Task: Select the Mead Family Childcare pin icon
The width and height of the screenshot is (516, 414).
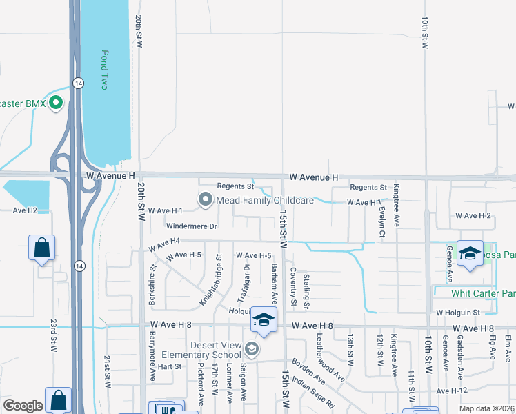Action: [206, 200]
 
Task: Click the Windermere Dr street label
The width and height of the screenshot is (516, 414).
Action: [192, 226]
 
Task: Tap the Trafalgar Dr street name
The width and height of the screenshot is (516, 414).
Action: [243, 284]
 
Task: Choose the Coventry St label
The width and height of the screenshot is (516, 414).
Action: [292, 287]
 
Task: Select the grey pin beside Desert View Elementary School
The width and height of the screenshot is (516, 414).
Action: [251, 350]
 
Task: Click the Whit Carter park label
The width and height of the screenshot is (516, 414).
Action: [483, 294]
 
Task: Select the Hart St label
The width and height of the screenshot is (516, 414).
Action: [169, 366]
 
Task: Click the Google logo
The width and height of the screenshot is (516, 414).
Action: [23, 406]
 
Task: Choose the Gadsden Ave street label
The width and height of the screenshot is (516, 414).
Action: [459, 358]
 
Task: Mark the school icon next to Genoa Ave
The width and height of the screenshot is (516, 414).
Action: [470, 254]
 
